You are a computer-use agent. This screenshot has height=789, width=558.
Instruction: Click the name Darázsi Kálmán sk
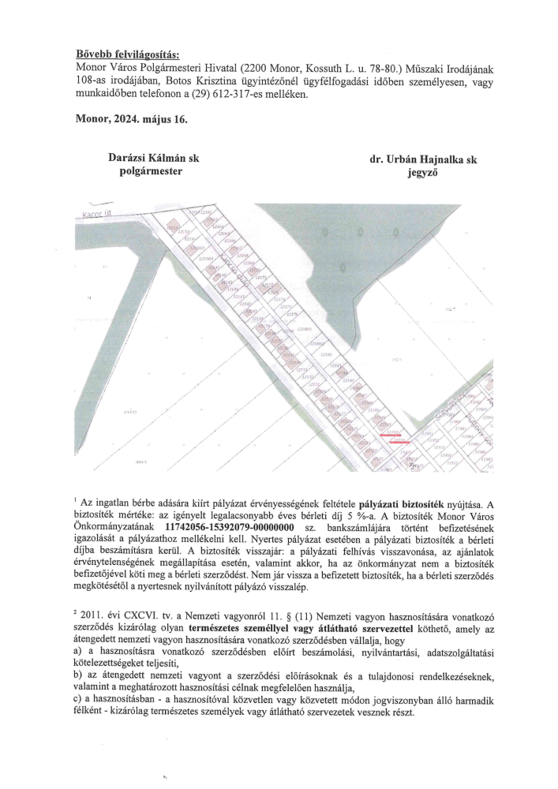coord(153,159)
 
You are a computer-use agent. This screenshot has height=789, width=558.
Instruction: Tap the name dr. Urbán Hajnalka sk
coord(424,159)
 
